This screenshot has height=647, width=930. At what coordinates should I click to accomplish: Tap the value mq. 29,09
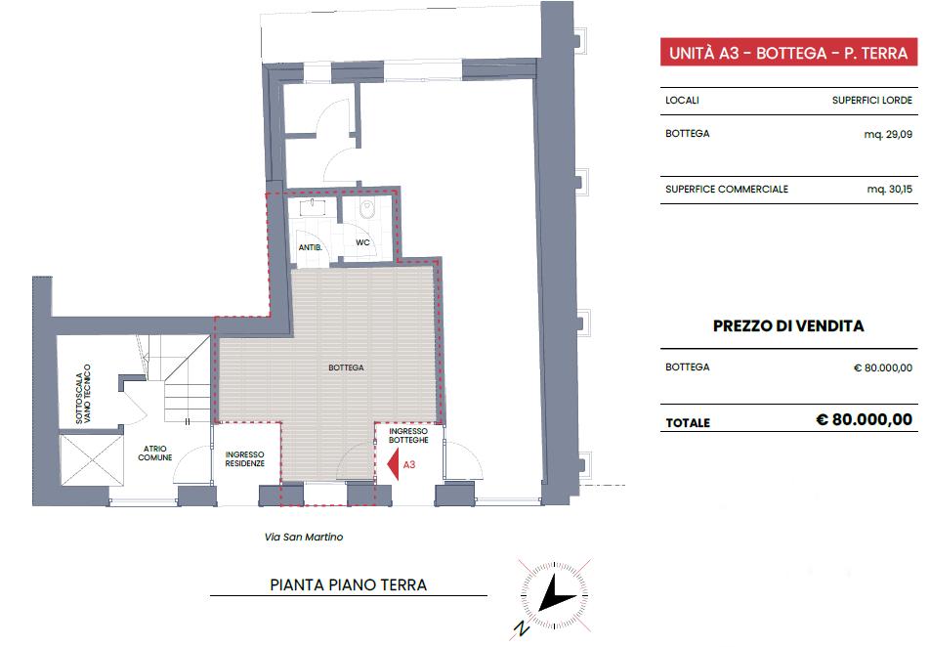click(x=889, y=134)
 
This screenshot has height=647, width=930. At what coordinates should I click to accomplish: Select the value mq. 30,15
click(x=889, y=190)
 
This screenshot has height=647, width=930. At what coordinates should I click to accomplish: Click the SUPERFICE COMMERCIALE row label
click(x=726, y=190)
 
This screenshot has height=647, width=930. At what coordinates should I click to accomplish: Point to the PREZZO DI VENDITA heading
click(x=788, y=326)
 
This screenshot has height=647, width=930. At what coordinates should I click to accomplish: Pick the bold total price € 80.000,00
click(x=864, y=420)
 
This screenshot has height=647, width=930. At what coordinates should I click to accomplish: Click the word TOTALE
click(x=688, y=423)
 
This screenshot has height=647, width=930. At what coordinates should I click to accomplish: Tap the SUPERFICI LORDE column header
click(x=872, y=101)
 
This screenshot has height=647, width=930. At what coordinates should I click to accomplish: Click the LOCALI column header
click(x=682, y=101)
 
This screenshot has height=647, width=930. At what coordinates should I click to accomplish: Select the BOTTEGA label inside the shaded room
click(x=347, y=368)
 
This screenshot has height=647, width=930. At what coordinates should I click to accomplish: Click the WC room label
click(x=362, y=242)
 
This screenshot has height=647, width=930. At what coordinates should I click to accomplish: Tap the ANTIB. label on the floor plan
click(x=311, y=248)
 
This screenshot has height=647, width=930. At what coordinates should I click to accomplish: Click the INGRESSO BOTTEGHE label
click(x=408, y=436)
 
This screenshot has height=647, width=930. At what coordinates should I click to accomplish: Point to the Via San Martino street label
click(x=304, y=538)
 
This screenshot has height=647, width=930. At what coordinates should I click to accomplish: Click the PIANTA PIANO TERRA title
click(x=348, y=585)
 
